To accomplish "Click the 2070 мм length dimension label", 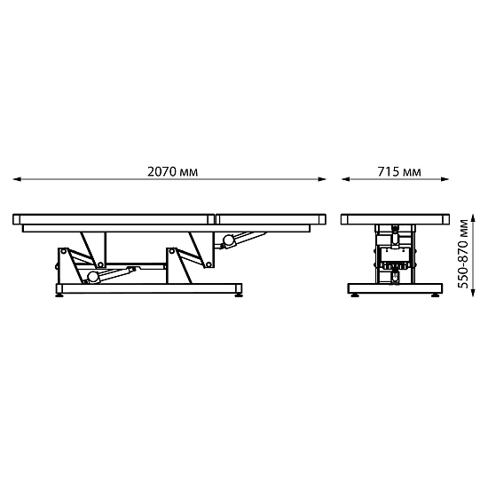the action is [172, 171].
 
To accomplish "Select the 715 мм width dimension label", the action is [399, 171].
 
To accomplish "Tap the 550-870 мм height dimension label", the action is [463, 254].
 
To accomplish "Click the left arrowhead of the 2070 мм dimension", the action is [17, 179].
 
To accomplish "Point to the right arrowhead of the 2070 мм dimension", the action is [322, 179].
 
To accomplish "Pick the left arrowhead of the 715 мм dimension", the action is [345, 179].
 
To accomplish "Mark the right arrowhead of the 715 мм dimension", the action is [445, 179].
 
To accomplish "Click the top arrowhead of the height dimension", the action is [473, 218].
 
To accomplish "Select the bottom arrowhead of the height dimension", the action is [473, 293].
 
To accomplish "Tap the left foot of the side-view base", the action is [59, 295].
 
